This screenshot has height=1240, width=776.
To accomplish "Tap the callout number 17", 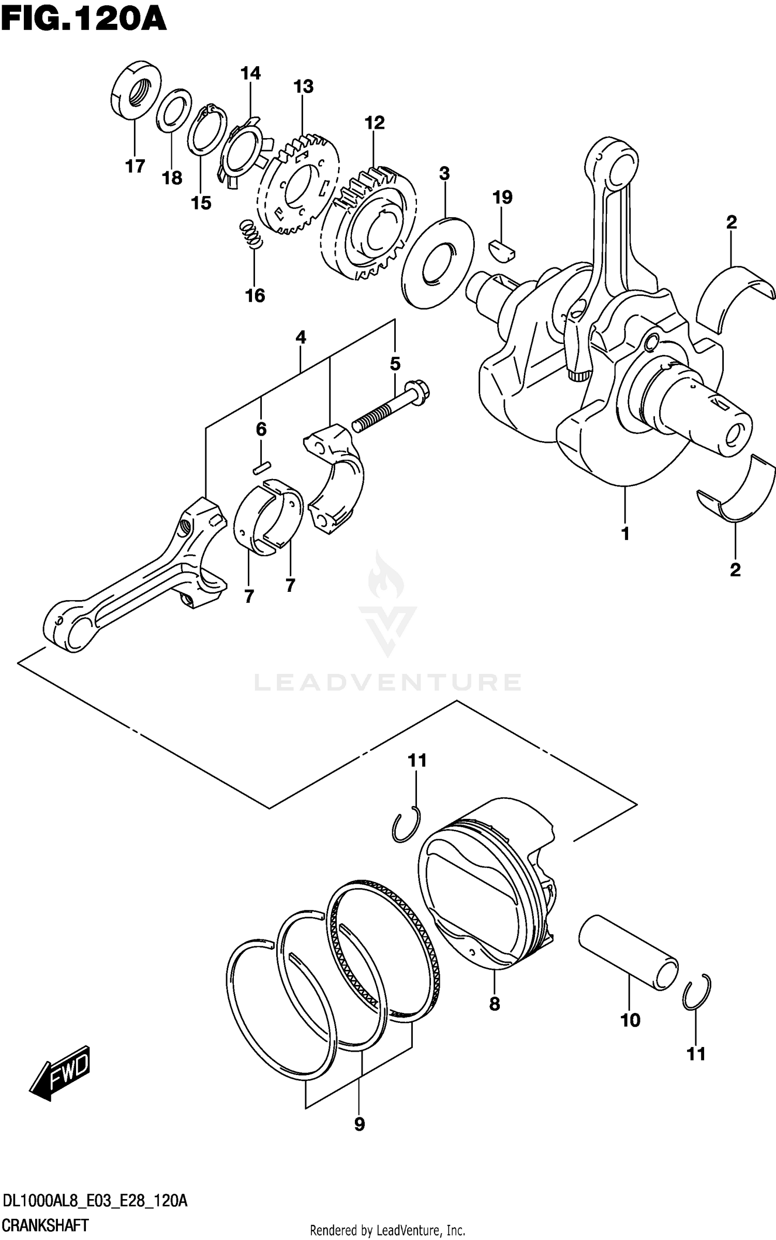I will click(135, 167).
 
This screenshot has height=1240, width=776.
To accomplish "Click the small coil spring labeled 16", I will click(251, 233).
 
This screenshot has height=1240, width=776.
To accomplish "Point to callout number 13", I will click(304, 86).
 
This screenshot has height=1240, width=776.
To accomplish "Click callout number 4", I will click(301, 338).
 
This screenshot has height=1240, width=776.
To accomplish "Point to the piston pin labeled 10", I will click(628, 952).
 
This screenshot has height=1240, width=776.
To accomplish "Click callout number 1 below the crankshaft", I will click(625, 533).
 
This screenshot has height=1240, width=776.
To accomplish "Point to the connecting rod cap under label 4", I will click(334, 477).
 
